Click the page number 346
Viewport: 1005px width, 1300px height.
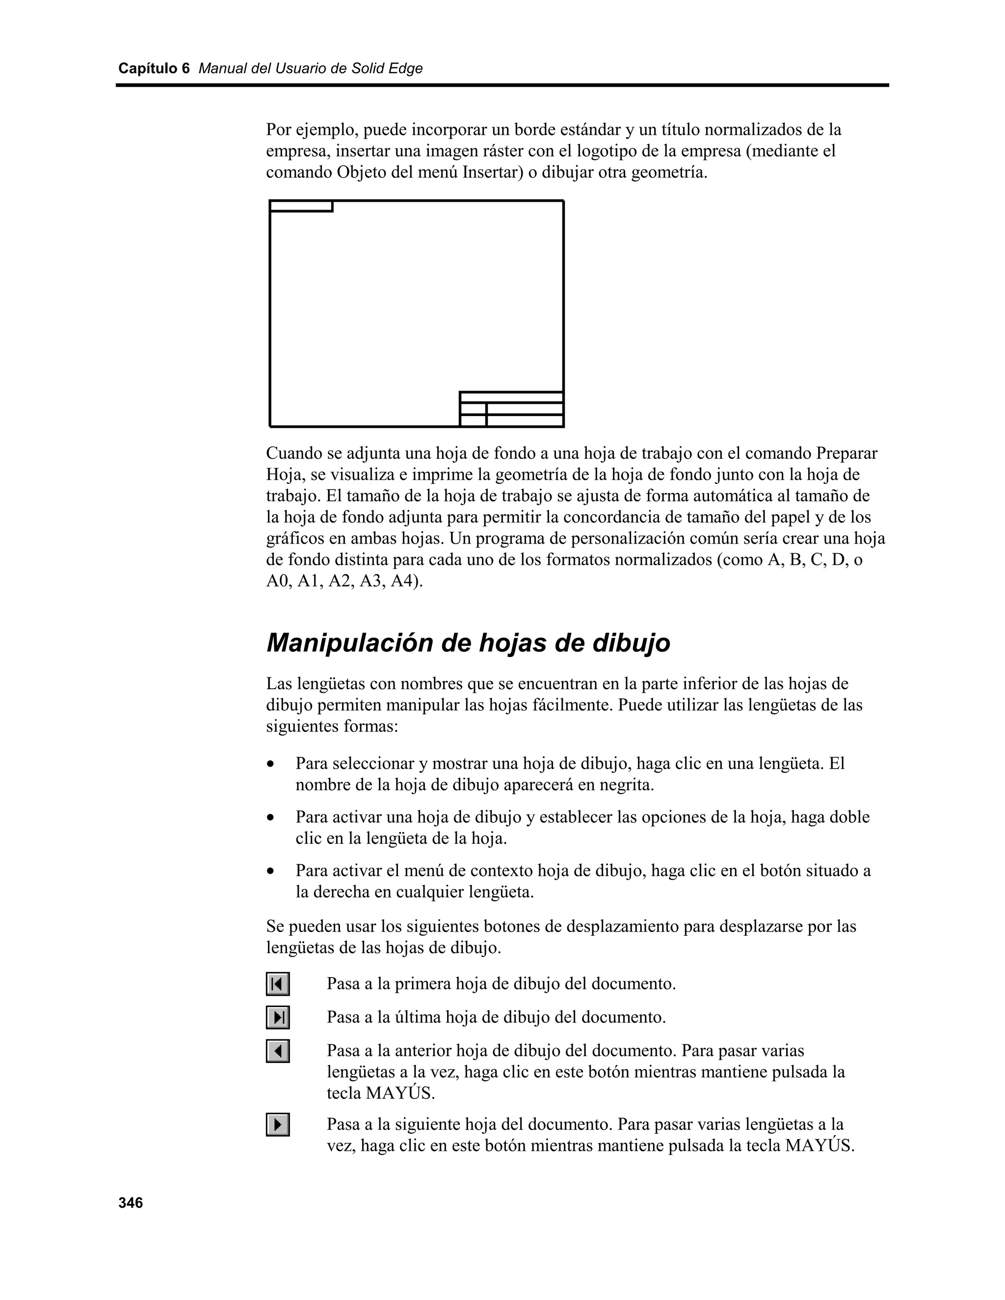tap(131, 1203)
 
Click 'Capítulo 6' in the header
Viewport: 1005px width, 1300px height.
tap(154, 69)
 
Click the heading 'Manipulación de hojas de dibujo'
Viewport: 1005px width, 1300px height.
tap(468, 643)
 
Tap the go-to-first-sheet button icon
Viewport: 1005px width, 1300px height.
tap(277, 984)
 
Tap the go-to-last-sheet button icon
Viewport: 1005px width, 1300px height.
tap(277, 1017)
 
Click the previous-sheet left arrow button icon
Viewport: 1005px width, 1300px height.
tap(277, 1051)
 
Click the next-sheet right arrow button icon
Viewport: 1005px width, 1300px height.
tap(277, 1124)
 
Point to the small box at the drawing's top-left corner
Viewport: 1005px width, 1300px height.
tap(301, 206)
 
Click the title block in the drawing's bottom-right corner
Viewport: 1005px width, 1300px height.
tap(511, 409)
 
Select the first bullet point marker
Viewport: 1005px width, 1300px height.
tap(271, 764)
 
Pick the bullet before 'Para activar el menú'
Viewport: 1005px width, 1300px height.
tap(271, 871)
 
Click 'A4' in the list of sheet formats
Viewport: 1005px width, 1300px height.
tap(404, 581)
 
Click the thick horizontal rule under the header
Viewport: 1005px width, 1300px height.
tap(502, 86)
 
